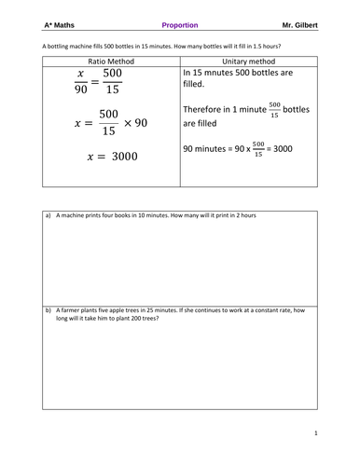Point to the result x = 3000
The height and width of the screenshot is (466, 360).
coord(111,157)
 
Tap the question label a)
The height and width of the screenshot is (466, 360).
coord(48,215)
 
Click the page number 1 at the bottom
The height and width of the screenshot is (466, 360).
coord(315,432)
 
